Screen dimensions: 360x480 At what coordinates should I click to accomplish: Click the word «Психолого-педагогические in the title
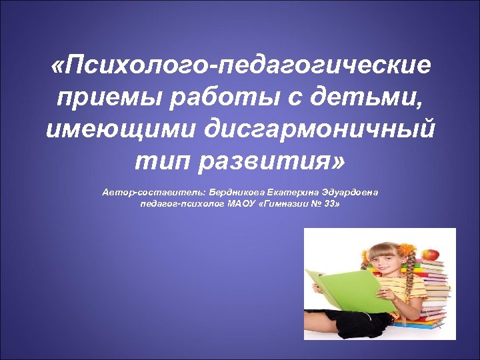click(x=241, y=67)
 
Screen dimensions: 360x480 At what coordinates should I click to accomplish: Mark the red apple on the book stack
click(x=431, y=254)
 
